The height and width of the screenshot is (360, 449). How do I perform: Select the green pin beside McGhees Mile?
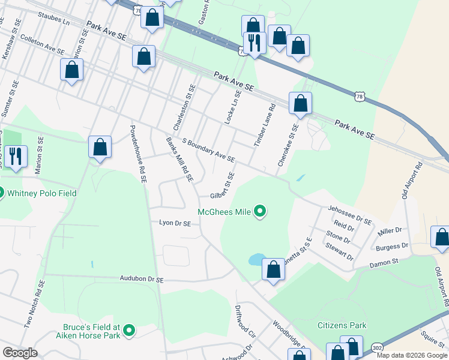click(x=260, y=211)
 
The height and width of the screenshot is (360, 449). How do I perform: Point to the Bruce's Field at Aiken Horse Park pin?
click(x=129, y=329)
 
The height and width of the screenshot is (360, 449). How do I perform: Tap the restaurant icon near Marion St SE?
click(x=15, y=157)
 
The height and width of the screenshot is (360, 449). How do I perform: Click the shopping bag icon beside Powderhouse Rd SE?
click(x=100, y=147)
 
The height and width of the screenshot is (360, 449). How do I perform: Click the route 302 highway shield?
click(x=376, y=347)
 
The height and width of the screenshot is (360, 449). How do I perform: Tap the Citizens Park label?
click(x=342, y=325)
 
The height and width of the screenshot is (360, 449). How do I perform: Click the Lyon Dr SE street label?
click(x=175, y=223)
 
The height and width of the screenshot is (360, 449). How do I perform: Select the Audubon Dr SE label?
click(x=142, y=280)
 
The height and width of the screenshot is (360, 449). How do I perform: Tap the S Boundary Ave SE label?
click(x=208, y=151)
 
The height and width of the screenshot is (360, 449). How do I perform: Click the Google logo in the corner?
click(x=20, y=353)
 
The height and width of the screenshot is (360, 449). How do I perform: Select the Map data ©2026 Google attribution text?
click(x=412, y=355)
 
